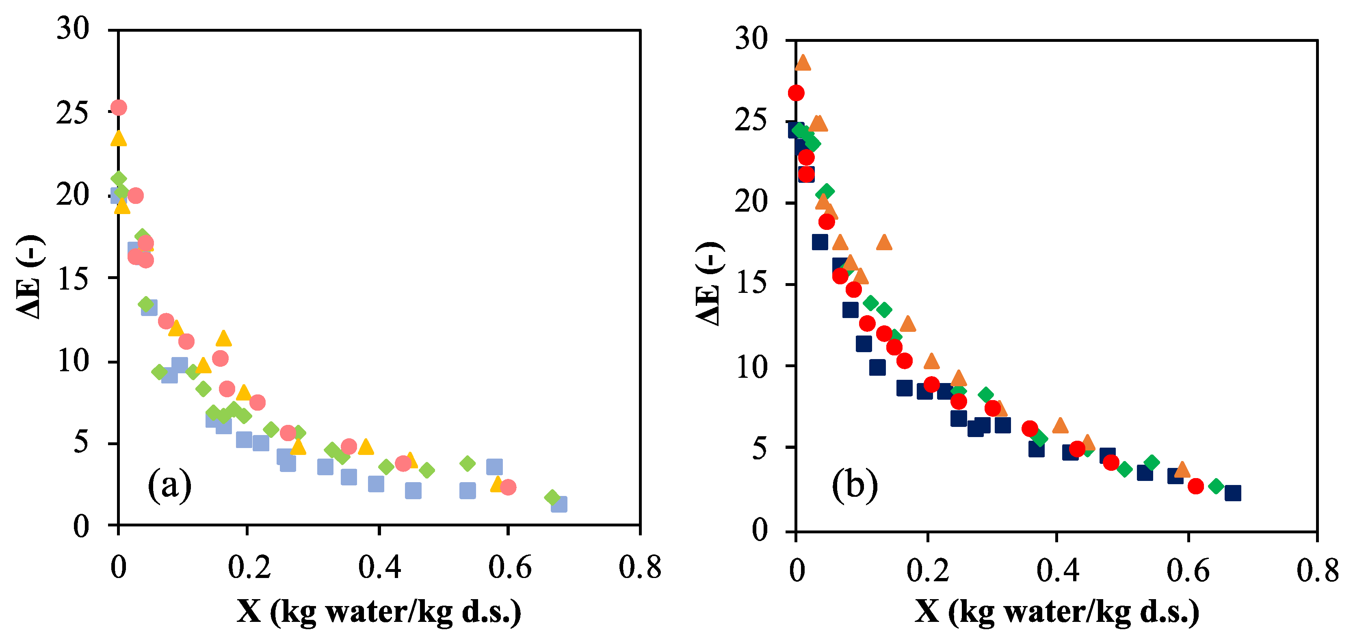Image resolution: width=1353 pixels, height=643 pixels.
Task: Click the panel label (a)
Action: pos(169,484)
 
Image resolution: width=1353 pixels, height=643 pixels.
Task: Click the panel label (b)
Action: pos(855,484)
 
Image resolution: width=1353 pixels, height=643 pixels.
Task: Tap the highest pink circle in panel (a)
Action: pos(119,108)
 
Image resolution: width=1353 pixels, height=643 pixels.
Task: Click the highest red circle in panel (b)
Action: pos(796,93)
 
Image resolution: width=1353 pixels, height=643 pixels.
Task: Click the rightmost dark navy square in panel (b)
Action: pos(1233,493)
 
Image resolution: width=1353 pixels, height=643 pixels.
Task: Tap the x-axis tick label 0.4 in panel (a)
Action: pos(379,567)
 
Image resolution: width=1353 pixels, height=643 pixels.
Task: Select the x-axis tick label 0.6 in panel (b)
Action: pos(1188,571)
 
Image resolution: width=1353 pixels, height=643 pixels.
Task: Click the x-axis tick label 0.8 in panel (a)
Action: pos(640,567)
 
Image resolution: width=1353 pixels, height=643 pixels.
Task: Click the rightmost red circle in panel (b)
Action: pos(1195,486)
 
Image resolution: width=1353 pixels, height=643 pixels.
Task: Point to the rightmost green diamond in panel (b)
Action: pos(1217,486)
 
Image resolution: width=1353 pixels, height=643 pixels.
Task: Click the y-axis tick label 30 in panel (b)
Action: pos(751,39)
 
